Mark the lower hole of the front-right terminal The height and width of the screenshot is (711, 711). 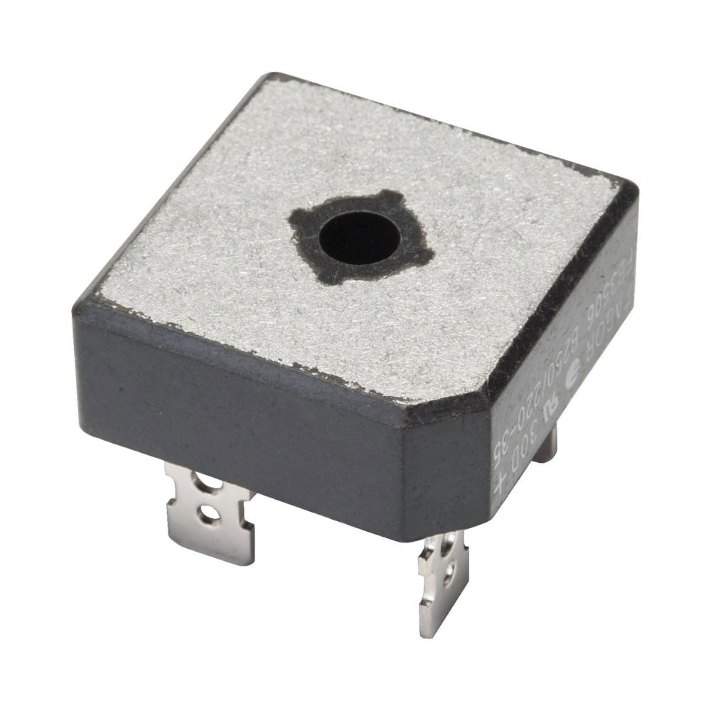coord(447,577)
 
